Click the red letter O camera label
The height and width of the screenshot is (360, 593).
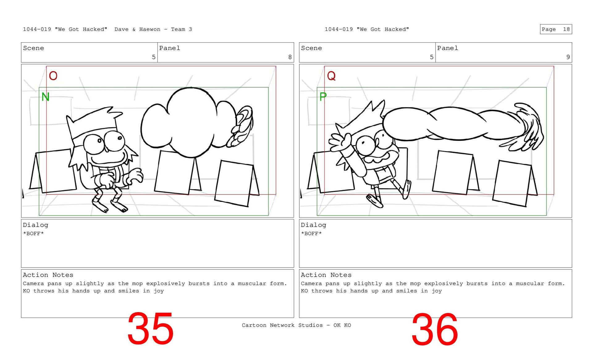[53, 76]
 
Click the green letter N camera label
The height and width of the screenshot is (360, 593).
[45, 97]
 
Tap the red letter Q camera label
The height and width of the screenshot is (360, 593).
[331, 76]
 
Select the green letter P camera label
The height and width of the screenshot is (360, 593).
[323, 97]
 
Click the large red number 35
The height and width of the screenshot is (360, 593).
[150, 329]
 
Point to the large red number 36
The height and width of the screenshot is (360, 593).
[435, 329]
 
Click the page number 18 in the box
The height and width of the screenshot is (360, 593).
[566, 29]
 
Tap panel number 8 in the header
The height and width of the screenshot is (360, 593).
[290, 57]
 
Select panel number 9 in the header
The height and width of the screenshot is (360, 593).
[568, 57]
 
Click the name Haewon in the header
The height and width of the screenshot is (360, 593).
[150, 29]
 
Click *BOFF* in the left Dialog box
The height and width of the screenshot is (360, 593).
[33, 233]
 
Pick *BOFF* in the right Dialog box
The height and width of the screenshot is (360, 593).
[311, 233]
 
